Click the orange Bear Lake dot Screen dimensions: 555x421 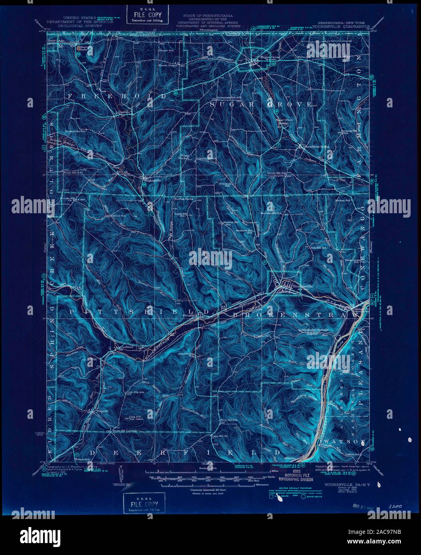pyautogui.click(x=78, y=48)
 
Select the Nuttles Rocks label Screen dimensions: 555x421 pyautogui.click(x=184, y=198)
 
